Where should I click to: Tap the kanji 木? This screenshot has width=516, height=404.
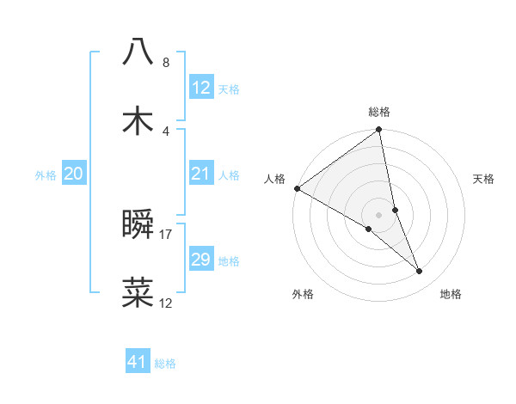(138, 121)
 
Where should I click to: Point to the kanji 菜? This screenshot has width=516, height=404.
(138, 292)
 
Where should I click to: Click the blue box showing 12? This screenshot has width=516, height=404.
(200, 88)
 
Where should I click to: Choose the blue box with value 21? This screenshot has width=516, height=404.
(200, 174)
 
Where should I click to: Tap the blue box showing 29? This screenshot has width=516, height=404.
(200, 260)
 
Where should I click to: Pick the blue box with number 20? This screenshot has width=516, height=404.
(73, 174)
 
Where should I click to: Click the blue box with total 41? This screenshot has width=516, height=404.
(138, 362)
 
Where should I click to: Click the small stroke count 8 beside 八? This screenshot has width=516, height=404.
(166, 63)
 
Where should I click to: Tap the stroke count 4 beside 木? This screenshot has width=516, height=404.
(166, 131)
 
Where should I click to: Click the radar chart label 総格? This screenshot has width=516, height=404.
(379, 112)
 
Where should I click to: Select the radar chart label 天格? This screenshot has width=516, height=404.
(484, 179)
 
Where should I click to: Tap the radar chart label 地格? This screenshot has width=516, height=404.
(451, 295)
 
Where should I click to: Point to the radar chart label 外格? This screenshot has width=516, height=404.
(303, 295)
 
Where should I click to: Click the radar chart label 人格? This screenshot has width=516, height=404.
(274, 179)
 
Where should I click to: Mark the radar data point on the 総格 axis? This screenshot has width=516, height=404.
(379, 131)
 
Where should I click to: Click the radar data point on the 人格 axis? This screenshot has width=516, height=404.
(297, 188)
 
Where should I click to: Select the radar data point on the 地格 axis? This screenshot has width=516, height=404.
(420, 272)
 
